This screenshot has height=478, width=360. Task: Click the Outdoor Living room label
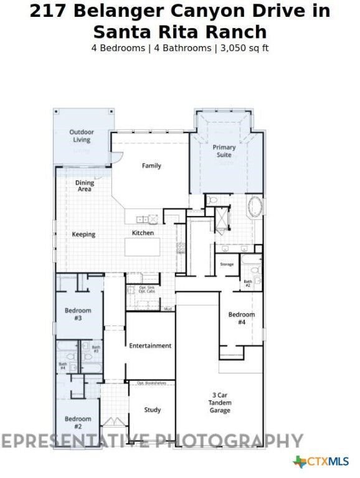pos(82,136)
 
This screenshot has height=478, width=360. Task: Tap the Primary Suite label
pos(224,151)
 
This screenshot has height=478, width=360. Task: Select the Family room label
pos(151,166)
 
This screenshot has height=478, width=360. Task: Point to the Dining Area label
pos(85,186)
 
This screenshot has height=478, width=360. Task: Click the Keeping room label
pos(83,235)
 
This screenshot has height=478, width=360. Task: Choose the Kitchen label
pos(143,233)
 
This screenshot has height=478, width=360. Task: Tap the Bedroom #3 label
pos(78,314)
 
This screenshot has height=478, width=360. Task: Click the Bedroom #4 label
pos(241,318)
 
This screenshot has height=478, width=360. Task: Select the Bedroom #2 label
pos(78,423)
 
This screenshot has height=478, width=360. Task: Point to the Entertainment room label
pos(150,345)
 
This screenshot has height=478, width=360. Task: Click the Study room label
pos(153,410)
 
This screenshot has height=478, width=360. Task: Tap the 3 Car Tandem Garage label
pos(220,403)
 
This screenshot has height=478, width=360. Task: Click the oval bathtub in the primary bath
pos(256,207)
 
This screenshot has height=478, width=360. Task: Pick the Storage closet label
pos(227,265)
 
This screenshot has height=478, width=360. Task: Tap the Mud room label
pos(167,309)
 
